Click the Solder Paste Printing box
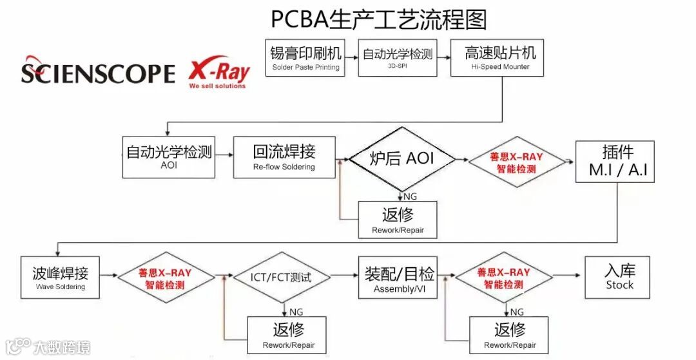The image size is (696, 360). [x=305, y=57]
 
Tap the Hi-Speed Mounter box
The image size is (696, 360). [x=499, y=57]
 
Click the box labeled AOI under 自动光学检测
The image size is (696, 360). [x=168, y=156]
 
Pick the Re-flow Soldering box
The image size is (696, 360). [x=284, y=156]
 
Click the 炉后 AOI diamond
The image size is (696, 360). [x=401, y=158]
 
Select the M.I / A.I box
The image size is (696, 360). [x=615, y=161]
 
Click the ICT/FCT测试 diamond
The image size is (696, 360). [x=280, y=278]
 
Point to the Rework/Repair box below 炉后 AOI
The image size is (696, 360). [x=398, y=220]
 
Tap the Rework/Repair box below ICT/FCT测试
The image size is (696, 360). [x=287, y=335]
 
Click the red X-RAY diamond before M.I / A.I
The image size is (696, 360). [x=516, y=162]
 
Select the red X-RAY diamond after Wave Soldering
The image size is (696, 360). [x=165, y=278]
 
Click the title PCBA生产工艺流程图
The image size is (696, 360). [x=378, y=19]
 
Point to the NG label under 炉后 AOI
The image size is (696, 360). [x=410, y=196]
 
